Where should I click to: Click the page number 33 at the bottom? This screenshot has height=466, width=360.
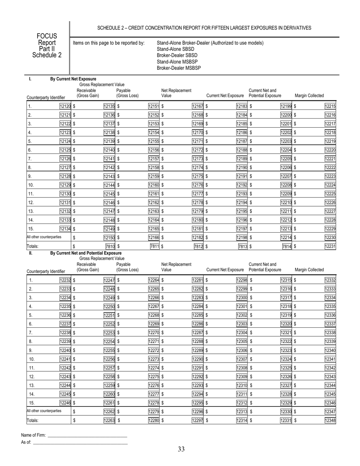click(181, 449)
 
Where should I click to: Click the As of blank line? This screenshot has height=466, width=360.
click(80, 442)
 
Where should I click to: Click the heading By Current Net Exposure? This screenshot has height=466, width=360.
click(68, 79)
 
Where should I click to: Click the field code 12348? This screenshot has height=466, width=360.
click(330, 420)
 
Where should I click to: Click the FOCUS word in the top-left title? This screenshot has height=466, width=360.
click(46, 36)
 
